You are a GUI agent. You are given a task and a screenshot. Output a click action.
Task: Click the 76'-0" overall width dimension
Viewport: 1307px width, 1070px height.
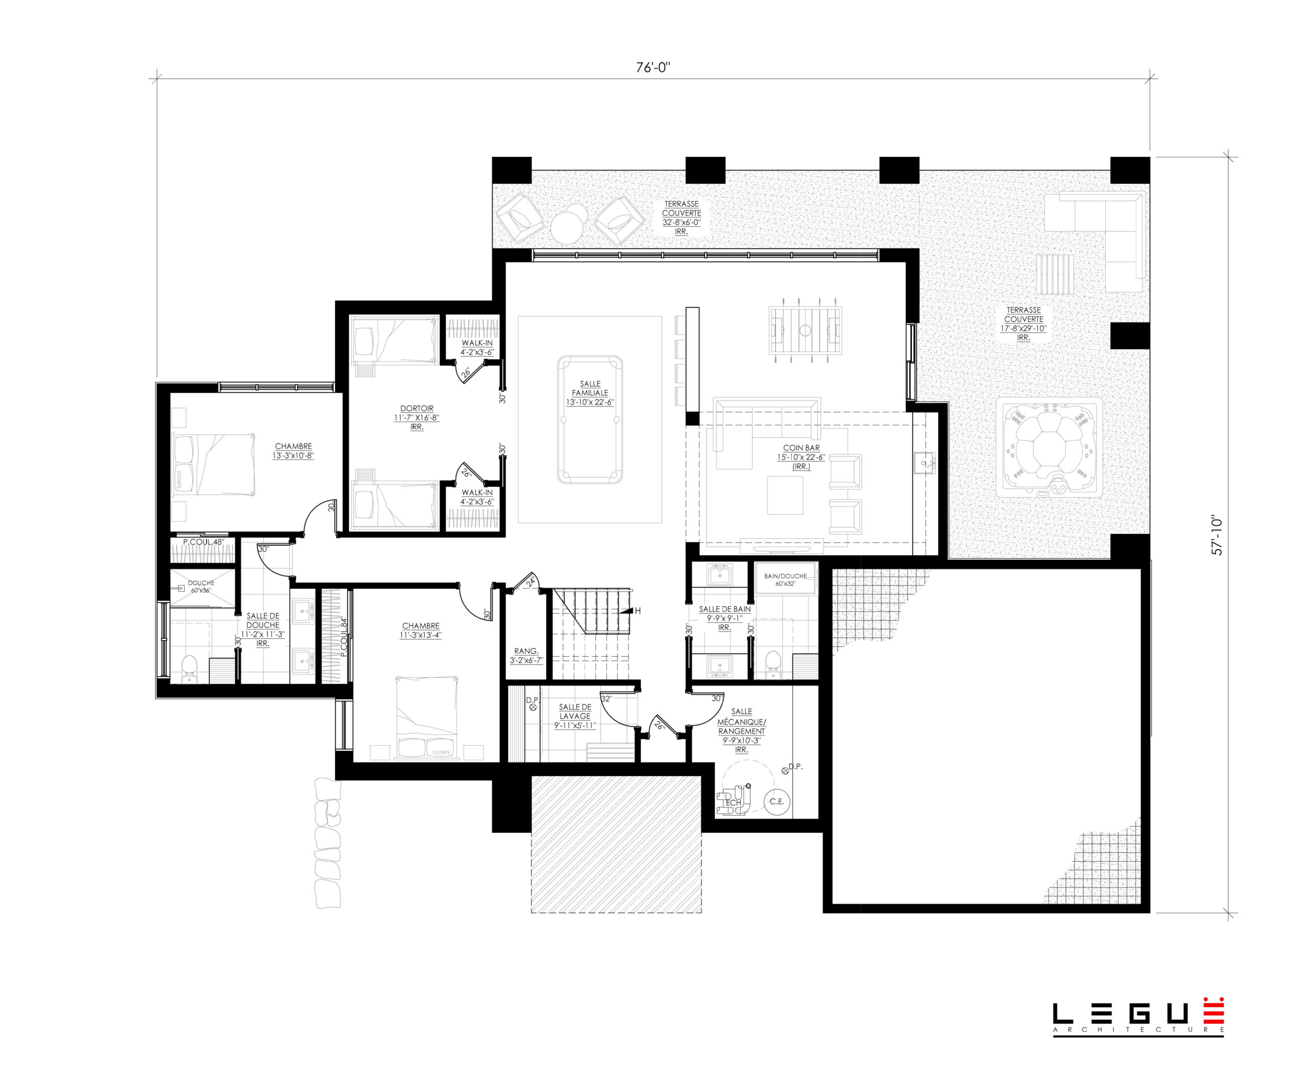pos(652,67)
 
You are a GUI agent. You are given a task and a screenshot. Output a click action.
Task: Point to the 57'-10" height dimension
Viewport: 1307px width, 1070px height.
pos(1217,535)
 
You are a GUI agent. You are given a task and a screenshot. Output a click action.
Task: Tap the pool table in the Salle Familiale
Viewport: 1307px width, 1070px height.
pos(590,420)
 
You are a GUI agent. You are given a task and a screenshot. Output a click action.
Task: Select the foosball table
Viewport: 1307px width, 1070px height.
pos(805,330)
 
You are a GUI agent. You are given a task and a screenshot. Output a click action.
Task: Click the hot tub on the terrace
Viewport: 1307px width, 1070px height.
pos(1048,447)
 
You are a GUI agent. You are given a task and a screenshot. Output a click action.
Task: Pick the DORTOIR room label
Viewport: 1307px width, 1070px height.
pos(417,409)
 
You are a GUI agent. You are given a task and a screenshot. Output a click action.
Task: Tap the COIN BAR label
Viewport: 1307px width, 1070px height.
pos(801,448)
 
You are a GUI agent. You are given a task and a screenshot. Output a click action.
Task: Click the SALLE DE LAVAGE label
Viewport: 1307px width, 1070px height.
pos(575,711)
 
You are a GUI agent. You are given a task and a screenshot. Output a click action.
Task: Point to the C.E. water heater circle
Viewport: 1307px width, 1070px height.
pos(777,801)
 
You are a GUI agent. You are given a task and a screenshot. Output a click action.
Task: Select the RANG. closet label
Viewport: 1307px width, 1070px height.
pos(526,651)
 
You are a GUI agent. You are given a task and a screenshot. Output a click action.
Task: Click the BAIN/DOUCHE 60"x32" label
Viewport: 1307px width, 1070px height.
pos(785,579)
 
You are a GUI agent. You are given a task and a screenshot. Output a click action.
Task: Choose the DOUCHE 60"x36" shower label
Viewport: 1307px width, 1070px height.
pos(201,586)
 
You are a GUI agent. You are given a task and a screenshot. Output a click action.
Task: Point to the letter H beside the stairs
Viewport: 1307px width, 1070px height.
pos(638,611)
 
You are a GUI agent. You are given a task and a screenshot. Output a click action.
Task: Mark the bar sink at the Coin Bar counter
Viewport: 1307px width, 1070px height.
pos(924,462)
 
